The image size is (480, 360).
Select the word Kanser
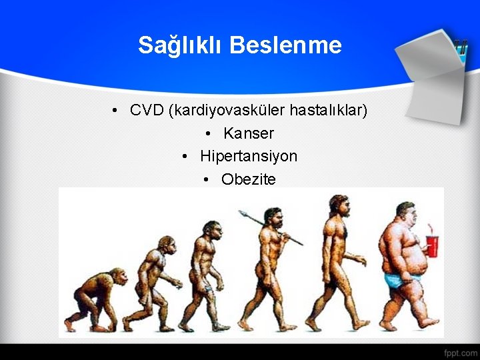click(249, 133)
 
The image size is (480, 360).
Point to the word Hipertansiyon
click(249, 156)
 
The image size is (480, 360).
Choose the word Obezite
click(248, 179)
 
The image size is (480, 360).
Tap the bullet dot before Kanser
click(210, 134)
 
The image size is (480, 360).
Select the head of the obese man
click(405, 215)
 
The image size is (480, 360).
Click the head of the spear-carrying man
click(271, 217)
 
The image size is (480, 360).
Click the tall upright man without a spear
click(340, 260)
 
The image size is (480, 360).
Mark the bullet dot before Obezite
click(208, 180)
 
